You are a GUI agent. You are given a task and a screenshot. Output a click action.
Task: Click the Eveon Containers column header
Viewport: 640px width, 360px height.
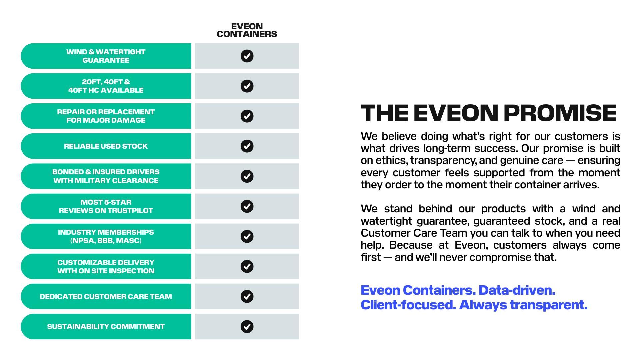247,30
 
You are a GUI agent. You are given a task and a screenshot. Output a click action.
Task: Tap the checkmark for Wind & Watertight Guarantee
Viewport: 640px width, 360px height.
247,56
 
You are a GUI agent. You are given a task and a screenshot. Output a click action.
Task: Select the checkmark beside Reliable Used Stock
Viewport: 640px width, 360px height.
247,146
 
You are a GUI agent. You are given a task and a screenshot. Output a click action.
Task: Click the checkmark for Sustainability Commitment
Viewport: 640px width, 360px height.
247,326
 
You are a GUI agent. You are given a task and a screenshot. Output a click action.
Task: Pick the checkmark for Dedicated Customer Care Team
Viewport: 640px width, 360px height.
247,296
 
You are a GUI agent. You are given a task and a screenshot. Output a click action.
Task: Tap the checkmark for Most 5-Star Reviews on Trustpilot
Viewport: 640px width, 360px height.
247,206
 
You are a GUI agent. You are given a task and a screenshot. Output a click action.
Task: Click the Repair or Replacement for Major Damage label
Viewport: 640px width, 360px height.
106,116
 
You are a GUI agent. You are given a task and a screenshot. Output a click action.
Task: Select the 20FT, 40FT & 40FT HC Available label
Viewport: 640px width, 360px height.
106,86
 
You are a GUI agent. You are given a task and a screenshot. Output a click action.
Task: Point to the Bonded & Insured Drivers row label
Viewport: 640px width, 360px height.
106,176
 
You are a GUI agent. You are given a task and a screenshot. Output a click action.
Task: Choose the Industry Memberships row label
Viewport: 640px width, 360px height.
106,236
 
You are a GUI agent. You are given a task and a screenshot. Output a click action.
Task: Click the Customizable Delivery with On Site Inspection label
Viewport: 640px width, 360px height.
106,266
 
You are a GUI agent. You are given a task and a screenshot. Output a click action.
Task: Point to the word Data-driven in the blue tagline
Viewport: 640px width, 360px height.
517,290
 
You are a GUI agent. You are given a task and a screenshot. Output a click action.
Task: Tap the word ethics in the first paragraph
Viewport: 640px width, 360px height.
392,160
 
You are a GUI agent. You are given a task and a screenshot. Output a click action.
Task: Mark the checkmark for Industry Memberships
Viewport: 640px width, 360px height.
247,236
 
